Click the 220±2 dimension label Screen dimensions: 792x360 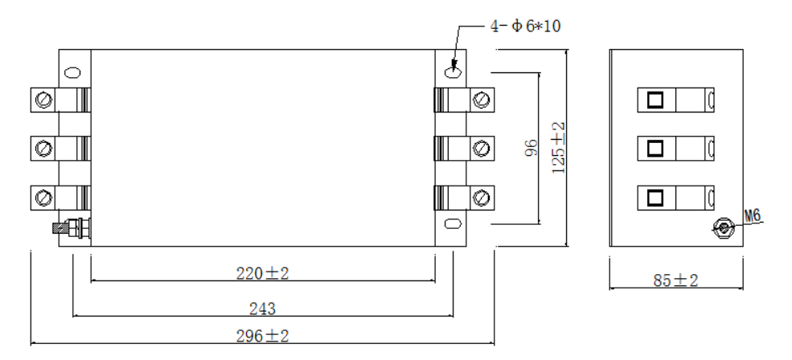tap(263, 274)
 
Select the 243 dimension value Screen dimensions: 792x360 tap(263, 309)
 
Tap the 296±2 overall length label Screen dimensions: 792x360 tap(263, 336)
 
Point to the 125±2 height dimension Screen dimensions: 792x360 tap(559, 148)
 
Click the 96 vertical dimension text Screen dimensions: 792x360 tap(531, 148)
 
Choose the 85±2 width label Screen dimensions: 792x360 tap(676, 280)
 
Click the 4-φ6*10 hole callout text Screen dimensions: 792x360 tap(525, 27)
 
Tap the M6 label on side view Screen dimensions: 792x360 tap(752, 215)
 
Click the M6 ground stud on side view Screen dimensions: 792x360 tap(724, 228)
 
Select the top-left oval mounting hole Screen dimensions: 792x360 tap(72, 72)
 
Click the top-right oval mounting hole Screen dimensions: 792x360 tap(453, 72)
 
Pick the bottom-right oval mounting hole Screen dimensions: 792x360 tap(453, 223)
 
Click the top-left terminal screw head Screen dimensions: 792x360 tap(44, 100)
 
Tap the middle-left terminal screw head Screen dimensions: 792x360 tap(44, 149)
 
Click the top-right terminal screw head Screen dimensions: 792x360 tap(482, 100)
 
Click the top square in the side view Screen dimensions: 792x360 tap(655, 100)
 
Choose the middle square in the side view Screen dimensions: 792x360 tap(655, 149)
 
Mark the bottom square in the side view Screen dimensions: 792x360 tap(655, 198)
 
